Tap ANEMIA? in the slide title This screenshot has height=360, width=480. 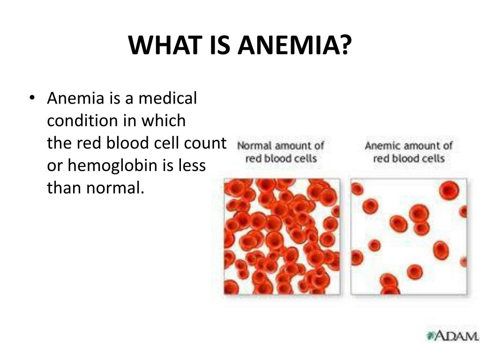[295, 45]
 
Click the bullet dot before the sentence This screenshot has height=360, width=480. [32, 97]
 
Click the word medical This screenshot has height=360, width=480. [168, 98]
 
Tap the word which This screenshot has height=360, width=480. [164, 120]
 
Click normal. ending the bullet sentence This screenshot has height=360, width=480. [115, 188]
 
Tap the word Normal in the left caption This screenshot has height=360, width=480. [255, 145]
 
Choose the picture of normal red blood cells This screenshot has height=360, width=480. [282, 237]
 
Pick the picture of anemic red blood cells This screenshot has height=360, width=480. [409, 237]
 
